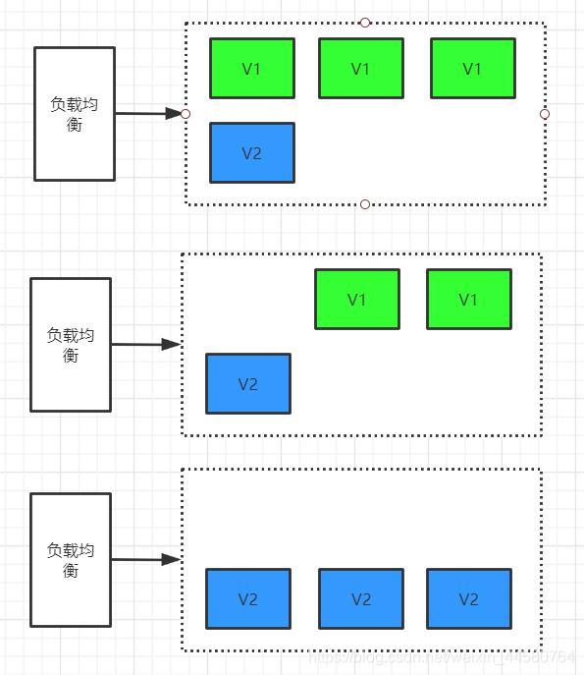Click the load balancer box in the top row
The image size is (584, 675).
(x=75, y=114)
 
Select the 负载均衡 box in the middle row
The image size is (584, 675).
(x=71, y=345)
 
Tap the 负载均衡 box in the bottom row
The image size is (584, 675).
(x=71, y=560)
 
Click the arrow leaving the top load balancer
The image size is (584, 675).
(x=147, y=114)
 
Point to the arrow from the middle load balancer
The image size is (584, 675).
(x=144, y=345)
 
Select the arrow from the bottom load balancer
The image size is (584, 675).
(x=144, y=560)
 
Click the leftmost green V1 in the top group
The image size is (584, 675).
(x=252, y=69)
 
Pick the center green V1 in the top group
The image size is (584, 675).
(x=361, y=69)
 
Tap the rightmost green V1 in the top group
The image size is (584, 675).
(x=472, y=69)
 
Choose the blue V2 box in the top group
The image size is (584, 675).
(x=252, y=153)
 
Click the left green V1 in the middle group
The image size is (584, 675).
(x=357, y=300)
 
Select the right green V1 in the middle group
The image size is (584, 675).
(x=468, y=300)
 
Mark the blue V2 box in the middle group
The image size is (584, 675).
(x=248, y=383)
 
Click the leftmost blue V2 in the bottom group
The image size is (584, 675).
(x=248, y=598)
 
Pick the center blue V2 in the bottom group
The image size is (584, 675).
(x=361, y=598)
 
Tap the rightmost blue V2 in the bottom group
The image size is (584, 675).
(x=468, y=598)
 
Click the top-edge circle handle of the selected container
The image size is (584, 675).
(x=365, y=22)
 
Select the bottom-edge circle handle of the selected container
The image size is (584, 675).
(x=365, y=204)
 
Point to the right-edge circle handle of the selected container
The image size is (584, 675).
(x=545, y=114)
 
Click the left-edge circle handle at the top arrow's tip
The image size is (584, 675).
(x=186, y=114)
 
